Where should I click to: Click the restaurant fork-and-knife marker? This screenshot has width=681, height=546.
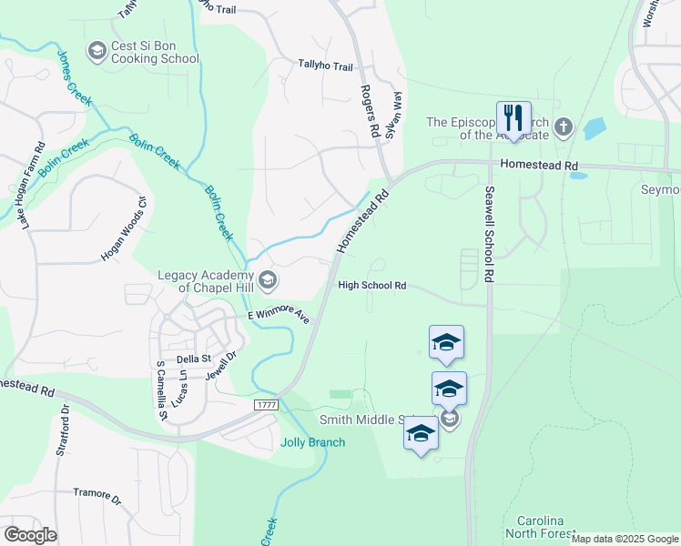click(x=513, y=118)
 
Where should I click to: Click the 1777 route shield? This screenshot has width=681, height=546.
click(x=265, y=403)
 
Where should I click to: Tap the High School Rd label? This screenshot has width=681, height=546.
click(x=371, y=286)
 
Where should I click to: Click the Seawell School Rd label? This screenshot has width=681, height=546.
click(x=489, y=233)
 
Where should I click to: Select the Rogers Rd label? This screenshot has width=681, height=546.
click(x=370, y=111)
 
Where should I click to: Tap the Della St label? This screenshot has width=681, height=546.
click(x=193, y=359)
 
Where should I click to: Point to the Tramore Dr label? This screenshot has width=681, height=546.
click(x=97, y=495)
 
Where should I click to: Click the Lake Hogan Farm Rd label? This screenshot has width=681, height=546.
click(x=32, y=185)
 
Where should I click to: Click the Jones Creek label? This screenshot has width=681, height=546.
click(x=75, y=78)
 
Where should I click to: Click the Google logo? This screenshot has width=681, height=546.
click(x=30, y=534)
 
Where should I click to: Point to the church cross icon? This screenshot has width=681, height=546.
click(x=563, y=126)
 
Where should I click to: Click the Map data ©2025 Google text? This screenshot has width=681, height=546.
click(x=625, y=539)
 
